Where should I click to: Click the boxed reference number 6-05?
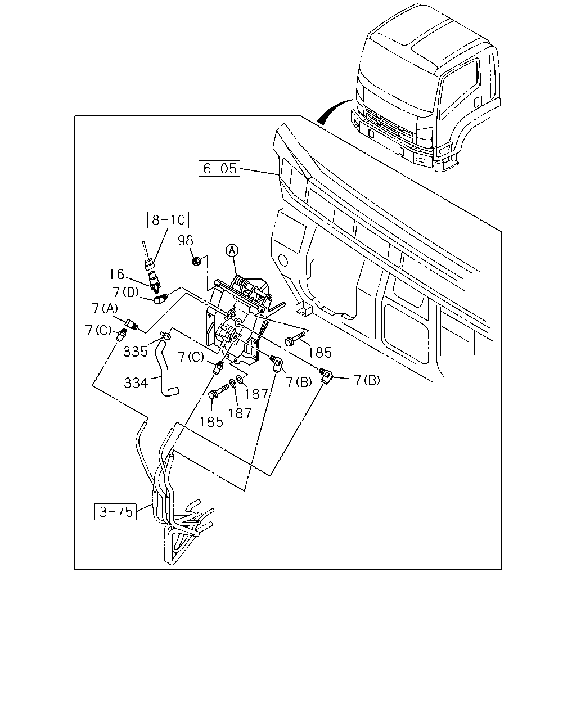pos(219,168)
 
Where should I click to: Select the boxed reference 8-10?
pos(168,220)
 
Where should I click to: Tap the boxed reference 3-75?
pos(116,511)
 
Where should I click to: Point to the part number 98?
pos(186,240)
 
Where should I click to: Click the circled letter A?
pos(232,250)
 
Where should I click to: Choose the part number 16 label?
pos(117,274)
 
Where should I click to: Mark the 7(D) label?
pos(126,292)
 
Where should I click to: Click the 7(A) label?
pos(105,308)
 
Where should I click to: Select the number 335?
pos(136,352)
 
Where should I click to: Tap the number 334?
pos(136,382)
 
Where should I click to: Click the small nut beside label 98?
pos(196,260)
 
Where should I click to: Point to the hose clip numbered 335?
pos(166,335)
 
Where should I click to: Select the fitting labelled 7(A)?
pos(131,323)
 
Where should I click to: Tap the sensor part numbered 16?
pos(155,282)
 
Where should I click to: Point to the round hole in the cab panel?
pos(283,260)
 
